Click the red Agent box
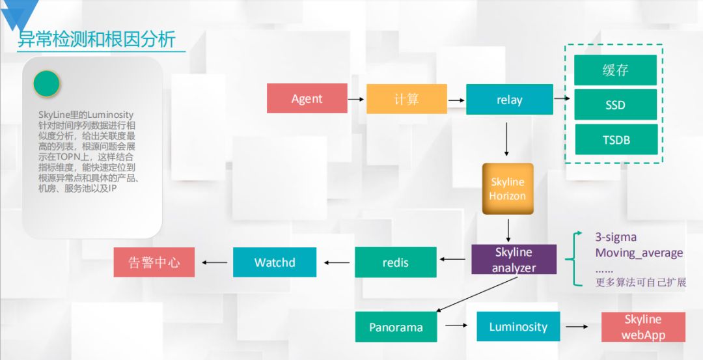coord(306,99)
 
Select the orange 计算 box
coord(406,99)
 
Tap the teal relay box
coord(509,100)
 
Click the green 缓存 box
coord(615,70)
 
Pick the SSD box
coord(615,105)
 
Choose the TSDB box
coord(615,139)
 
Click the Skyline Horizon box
coord(508,189)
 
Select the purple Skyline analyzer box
coord(514,260)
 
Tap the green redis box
coord(396,262)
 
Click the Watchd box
coord(275,262)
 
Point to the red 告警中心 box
coord(154,262)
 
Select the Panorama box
coord(396,327)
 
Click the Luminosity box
coord(518,327)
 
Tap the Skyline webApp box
coord(643,327)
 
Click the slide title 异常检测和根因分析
coord(96,40)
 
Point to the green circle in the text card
coord(46,84)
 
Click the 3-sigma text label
coord(616,237)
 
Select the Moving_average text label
coord(639,253)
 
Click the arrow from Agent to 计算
coord(355,100)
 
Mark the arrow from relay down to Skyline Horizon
coord(507,139)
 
